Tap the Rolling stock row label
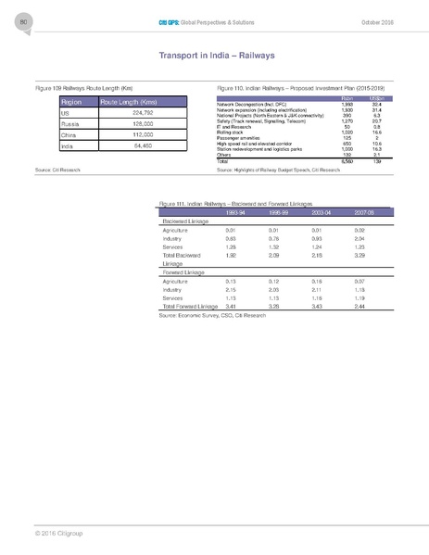(x=233, y=132)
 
